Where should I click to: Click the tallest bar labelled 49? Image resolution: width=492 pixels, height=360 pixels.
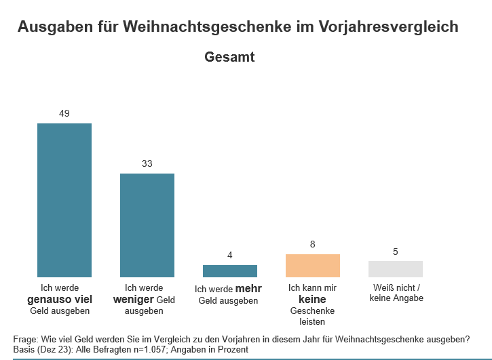[x=64, y=200]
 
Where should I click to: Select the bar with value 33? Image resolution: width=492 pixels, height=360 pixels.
[x=147, y=225]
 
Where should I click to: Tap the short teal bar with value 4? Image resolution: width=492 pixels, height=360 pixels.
[x=230, y=271]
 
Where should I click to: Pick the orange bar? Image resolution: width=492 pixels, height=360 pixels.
[x=313, y=266]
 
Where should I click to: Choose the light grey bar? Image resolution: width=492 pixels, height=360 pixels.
[x=396, y=269]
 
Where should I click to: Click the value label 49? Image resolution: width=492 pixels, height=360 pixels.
[x=64, y=113]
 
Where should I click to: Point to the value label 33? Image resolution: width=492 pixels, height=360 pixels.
[x=147, y=163]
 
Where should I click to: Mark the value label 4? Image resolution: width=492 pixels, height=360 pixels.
[x=230, y=255]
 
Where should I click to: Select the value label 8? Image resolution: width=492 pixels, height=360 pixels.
[x=313, y=244]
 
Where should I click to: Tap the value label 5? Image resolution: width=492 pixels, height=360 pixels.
[x=396, y=252]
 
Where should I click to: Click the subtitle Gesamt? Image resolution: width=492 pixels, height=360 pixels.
[x=229, y=58]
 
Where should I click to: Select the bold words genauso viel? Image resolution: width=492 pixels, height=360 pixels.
[x=64, y=299]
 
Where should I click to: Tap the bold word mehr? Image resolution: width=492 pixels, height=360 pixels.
[x=248, y=289]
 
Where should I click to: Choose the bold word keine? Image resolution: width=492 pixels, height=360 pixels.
[x=313, y=299]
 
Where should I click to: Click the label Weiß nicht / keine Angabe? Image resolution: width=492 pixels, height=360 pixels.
[x=396, y=293]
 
